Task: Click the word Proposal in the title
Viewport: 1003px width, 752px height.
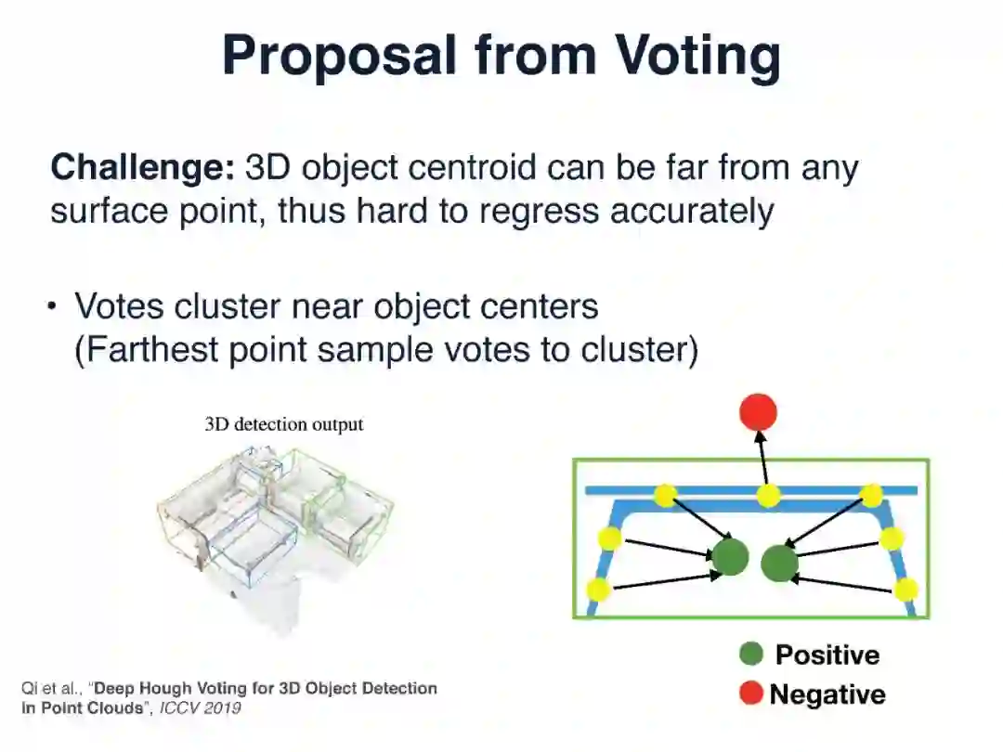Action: pos(340,56)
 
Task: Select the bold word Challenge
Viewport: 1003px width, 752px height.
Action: pos(142,168)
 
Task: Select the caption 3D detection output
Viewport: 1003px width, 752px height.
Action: pos(284,424)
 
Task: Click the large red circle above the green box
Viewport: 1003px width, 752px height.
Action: pos(759,412)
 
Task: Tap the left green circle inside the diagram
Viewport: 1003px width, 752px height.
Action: pos(730,557)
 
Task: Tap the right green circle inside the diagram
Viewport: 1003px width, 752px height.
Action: pos(779,562)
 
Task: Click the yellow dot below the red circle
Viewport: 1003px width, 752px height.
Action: pos(767,496)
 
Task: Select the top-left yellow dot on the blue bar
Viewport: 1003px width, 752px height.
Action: pos(665,496)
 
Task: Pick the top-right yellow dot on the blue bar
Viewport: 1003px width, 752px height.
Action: pos(871,496)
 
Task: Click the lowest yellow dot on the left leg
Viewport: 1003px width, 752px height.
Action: pos(600,589)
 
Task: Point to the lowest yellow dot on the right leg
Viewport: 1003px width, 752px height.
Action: pos(906,589)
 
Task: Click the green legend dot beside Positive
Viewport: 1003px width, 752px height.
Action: pos(750,655)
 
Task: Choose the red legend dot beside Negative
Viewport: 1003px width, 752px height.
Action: pos(751,693)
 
